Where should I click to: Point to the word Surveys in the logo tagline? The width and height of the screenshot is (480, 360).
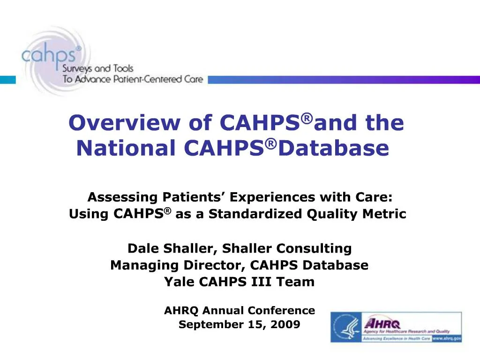(x=78, y=69)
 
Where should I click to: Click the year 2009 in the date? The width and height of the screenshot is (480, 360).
(x=285, y=324)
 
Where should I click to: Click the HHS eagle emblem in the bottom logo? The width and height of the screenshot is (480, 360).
(x=346, y=327)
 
